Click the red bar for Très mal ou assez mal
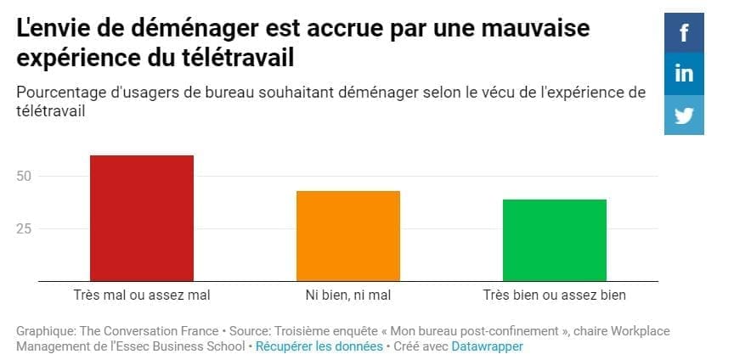coord(142,218)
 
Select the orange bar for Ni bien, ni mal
coord(348,236)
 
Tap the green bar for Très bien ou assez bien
coord(555,240)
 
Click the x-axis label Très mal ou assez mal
coord(142,295)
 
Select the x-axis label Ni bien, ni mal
coord(348,295)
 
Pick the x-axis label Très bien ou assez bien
coord(555,295)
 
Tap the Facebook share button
coord(684,33)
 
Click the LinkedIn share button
coord(684,74)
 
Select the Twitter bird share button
coord(684,115)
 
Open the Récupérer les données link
coord(319,346)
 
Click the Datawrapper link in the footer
coord(487,346)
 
